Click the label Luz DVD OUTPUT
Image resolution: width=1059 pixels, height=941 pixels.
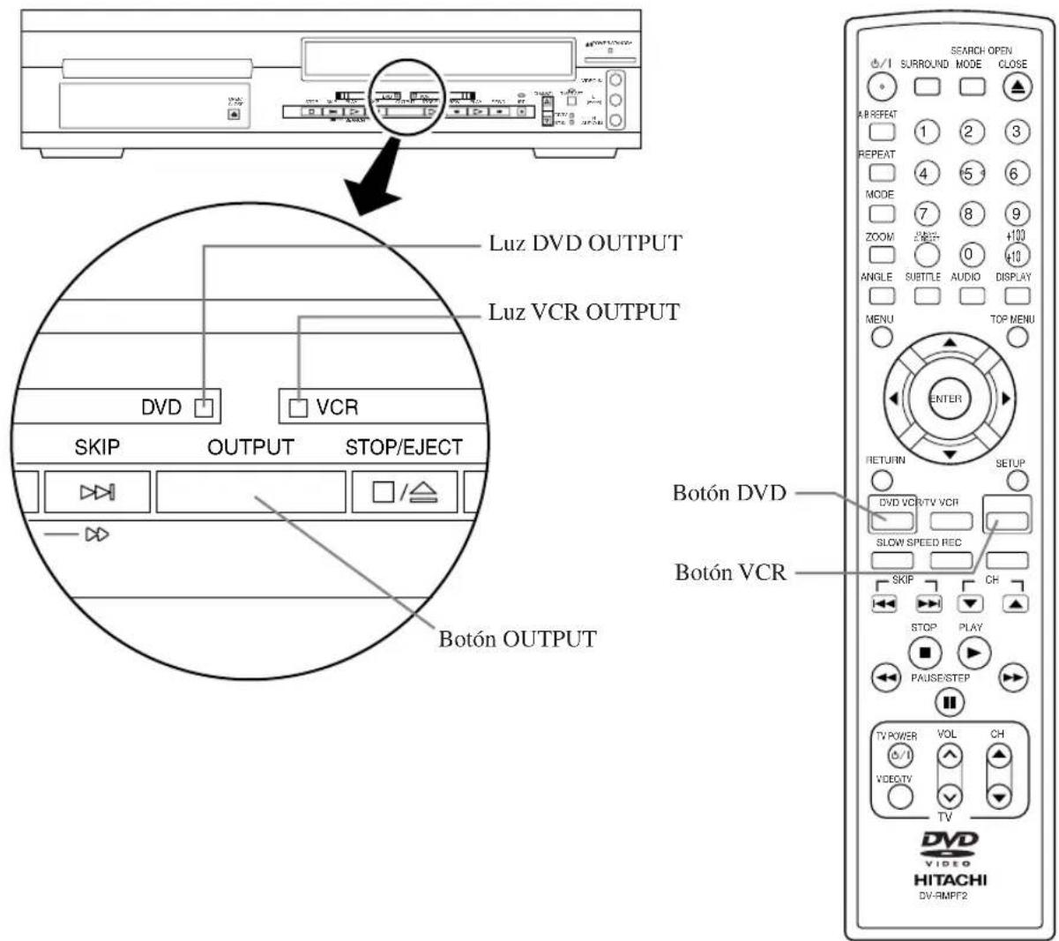coord(585,243)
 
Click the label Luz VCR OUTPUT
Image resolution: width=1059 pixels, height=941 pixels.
coord(585,311)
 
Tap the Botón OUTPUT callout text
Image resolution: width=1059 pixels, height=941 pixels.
coord(517,639)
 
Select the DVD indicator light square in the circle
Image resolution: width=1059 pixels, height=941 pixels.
coord(204,407)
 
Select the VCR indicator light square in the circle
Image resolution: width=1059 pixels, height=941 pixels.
coord(300,407)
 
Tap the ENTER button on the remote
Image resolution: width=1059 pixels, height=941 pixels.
coord(945,399)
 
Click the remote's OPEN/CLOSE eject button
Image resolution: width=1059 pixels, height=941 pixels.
coord(1012,86)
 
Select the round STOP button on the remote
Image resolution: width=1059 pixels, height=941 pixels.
coord(924,653)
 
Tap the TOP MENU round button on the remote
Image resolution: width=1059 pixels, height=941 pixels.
coord(1018,336)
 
